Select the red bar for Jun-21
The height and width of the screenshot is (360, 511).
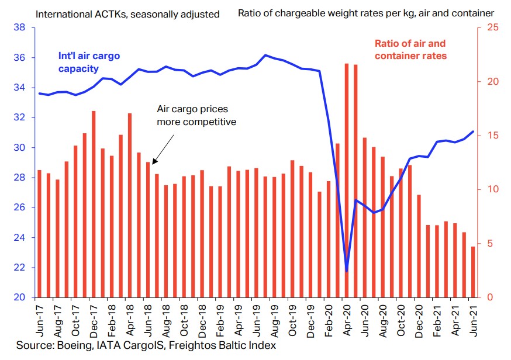[x=472, y=272]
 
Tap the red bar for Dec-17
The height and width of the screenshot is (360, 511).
[x=94, y=204]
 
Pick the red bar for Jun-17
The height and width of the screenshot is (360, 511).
[x=40, y=234]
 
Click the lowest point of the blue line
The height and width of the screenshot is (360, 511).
[x=347, y=271]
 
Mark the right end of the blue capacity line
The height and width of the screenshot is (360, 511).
[x=472, y=131]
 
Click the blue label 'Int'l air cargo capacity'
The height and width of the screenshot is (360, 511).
[x=89, y=62]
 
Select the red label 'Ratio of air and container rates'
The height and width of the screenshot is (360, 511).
[x=410, y=50]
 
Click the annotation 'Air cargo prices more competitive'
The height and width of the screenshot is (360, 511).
[x=196, y=116]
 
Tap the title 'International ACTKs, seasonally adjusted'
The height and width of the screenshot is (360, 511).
[x=127, y=13]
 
